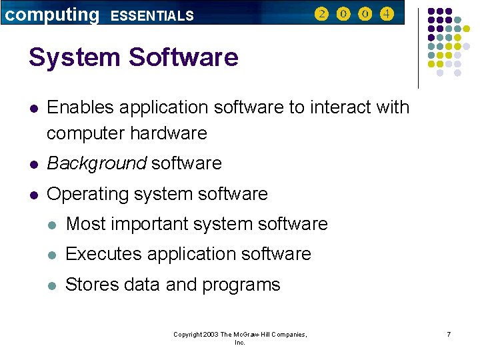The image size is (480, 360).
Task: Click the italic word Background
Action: coord(97,163)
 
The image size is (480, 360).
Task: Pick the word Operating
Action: coord(87,194)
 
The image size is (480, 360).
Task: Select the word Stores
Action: coord(90,285)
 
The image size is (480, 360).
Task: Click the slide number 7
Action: coord(449,334)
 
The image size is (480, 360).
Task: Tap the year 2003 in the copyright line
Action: coord(210,334)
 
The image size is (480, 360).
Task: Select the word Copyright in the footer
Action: coord(187,334)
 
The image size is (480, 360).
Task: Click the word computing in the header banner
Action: coord(51,14)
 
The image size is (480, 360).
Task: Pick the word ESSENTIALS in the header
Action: coord(152,15)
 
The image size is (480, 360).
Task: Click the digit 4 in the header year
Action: coord(387,13)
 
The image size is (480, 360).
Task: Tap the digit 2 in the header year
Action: coord(322,13)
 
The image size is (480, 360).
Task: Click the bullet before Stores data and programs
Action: coord(53,285)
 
